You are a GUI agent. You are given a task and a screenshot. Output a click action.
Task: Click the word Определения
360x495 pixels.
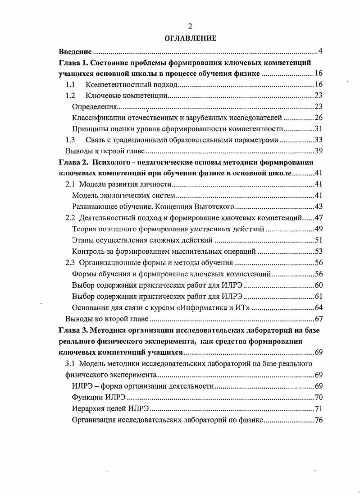coord(94,107)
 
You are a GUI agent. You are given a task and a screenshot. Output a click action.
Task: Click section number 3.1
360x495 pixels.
coord(70,363)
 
